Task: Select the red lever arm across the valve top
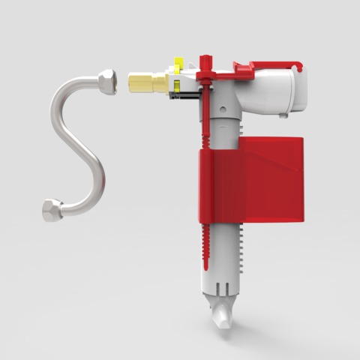[x=225, y=73]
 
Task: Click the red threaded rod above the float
[x=204, y=120]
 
